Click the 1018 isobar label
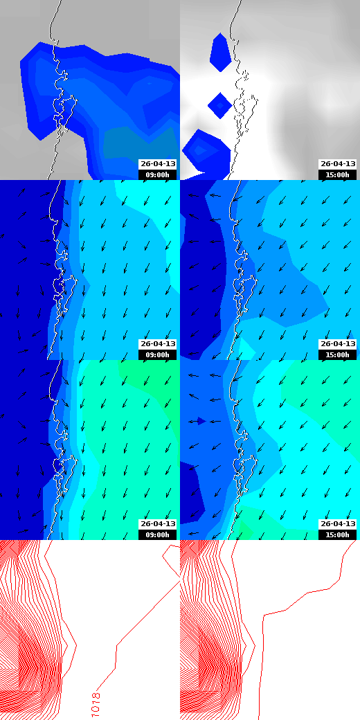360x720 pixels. point(96,703)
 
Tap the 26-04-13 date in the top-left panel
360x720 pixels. point(158,164)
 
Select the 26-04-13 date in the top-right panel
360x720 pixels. point(338,164)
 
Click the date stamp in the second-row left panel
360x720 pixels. point(158,344)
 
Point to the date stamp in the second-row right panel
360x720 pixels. point(338,344)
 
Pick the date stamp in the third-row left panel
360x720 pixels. point(158,524)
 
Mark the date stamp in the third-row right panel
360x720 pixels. point(338,524)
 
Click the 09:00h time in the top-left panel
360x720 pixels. point(158,174)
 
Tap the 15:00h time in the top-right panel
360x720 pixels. point(338,174)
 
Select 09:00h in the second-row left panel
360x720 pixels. point(158,354)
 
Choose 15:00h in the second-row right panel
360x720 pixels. point(338,354)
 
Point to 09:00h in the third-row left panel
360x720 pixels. point(158,534)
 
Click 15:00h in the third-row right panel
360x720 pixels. point(338,534)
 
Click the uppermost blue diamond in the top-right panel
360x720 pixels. point(220,52)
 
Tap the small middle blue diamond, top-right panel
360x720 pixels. point(219,105)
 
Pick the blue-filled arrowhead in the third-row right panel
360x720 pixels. point(201,420)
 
